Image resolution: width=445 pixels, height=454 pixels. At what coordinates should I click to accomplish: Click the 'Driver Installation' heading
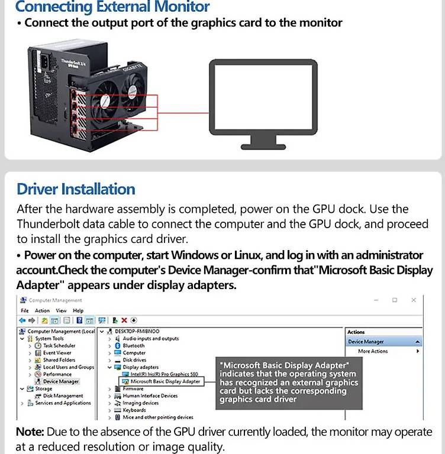[x=76, y=189]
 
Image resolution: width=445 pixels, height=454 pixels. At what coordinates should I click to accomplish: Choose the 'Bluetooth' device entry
[x=133, y=346]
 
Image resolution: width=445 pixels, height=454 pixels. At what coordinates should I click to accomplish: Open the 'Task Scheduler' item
[x=59, y=346]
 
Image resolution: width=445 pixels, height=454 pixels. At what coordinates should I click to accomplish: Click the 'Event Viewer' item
[x=57, y=353]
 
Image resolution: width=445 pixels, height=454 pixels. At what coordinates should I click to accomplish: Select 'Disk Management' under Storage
[x=63, y=396]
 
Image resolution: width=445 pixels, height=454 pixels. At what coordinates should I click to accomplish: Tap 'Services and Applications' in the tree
[x=63, y=403]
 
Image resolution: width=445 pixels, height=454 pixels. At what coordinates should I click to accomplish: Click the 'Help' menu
[x=78, y=310]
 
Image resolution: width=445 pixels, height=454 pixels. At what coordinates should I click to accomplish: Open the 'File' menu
[x=24, y=310]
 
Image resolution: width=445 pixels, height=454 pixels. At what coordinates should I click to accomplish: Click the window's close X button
[x=414, y=300]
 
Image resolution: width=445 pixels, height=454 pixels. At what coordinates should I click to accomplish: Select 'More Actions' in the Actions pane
[x=373, y=351]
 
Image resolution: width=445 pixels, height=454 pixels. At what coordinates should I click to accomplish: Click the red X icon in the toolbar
[x=124, y=320]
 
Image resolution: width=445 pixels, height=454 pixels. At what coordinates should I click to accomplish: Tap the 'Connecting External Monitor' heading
[x=112, y=8]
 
